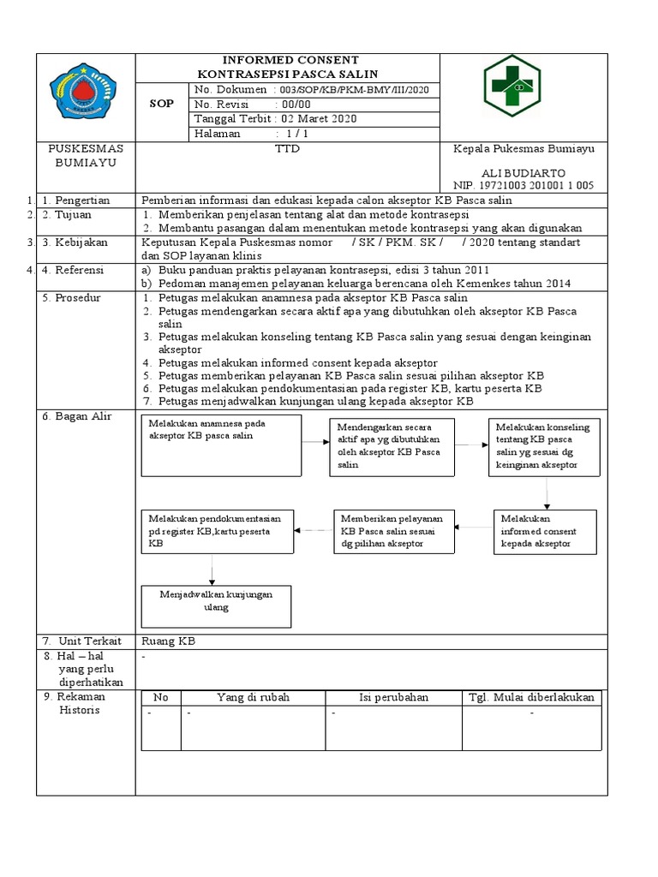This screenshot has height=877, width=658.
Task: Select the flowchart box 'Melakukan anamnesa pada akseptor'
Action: [x=220, y=445]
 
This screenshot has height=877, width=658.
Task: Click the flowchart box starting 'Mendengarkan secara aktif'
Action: [x=392, y=446]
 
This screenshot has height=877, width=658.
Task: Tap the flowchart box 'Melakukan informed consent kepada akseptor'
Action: [x=547, y=531]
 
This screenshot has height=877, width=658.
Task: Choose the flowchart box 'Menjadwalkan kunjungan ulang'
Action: [x=216, y=607]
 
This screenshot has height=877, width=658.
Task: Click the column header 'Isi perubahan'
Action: [x=393, y=697]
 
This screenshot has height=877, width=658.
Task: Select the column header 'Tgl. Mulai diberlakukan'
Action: [x=530, y=697]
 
